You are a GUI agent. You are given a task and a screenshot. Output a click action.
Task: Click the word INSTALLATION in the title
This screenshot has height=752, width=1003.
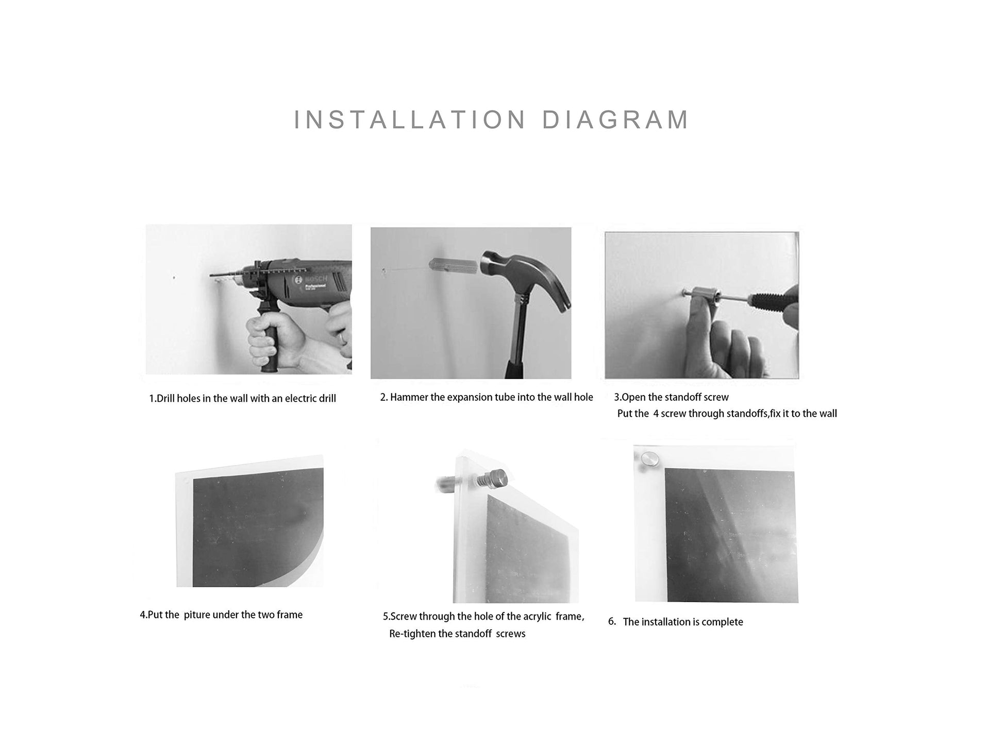[x=410, y=120]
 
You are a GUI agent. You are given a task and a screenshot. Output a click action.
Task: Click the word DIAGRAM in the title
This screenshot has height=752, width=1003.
[x=615, y=120]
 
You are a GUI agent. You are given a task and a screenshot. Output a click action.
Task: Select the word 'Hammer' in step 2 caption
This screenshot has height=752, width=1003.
[x=410, y=397]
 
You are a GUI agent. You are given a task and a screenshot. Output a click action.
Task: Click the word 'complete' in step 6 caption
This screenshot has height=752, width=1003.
[x=722, y=622]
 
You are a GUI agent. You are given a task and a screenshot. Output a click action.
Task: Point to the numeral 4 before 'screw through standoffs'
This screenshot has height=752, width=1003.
[x=656, y=414]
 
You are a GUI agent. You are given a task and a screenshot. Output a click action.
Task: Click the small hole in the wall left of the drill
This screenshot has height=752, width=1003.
[x=174, y=278]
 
